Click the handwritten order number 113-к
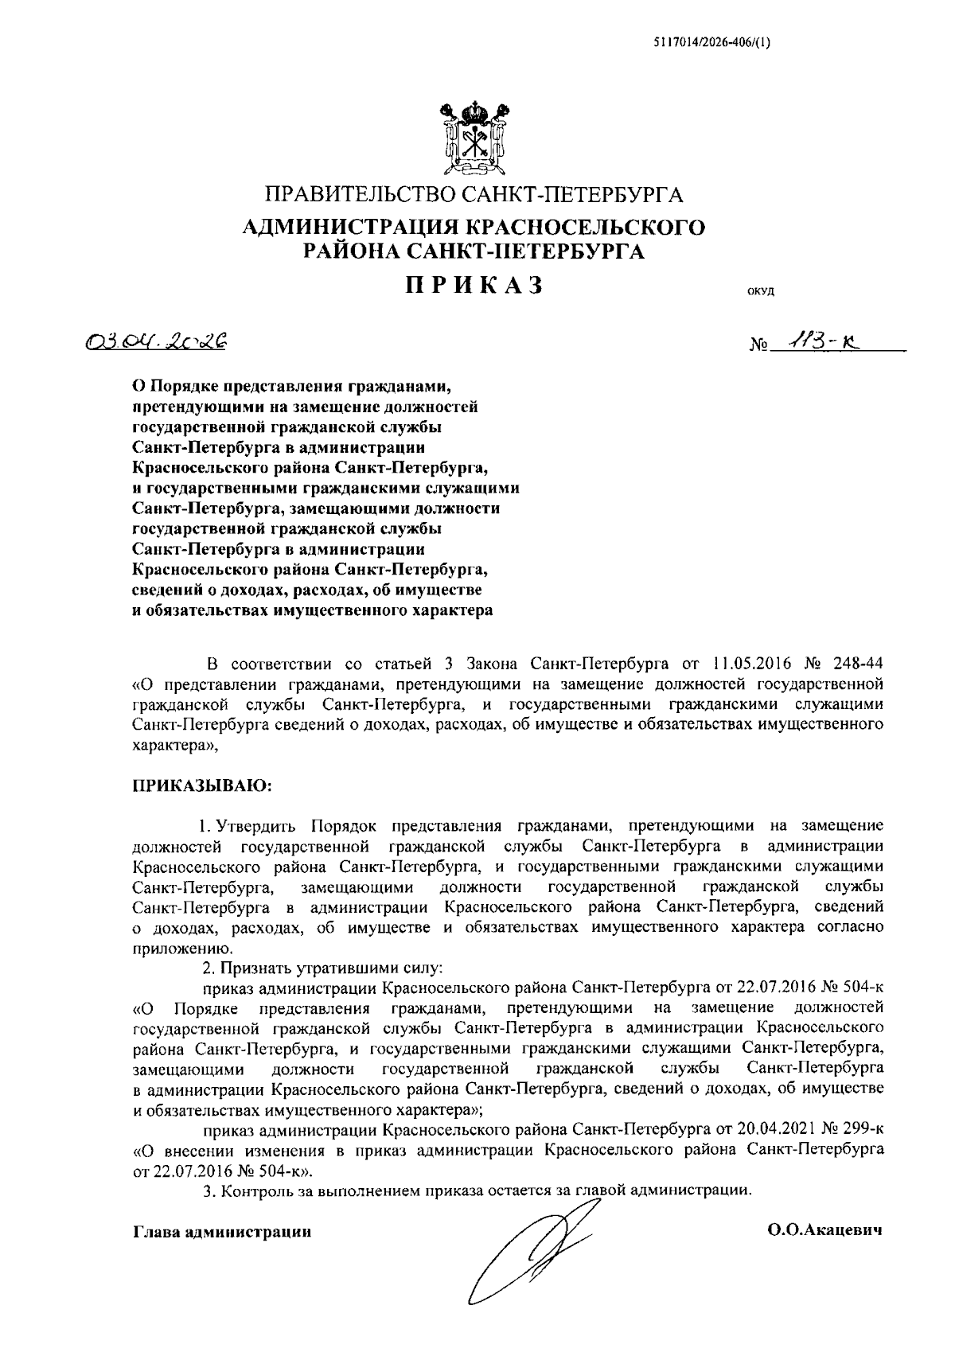[x=820, y=341]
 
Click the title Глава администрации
[x=221, y=1232]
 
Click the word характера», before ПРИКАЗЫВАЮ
[x=173, y=746]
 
